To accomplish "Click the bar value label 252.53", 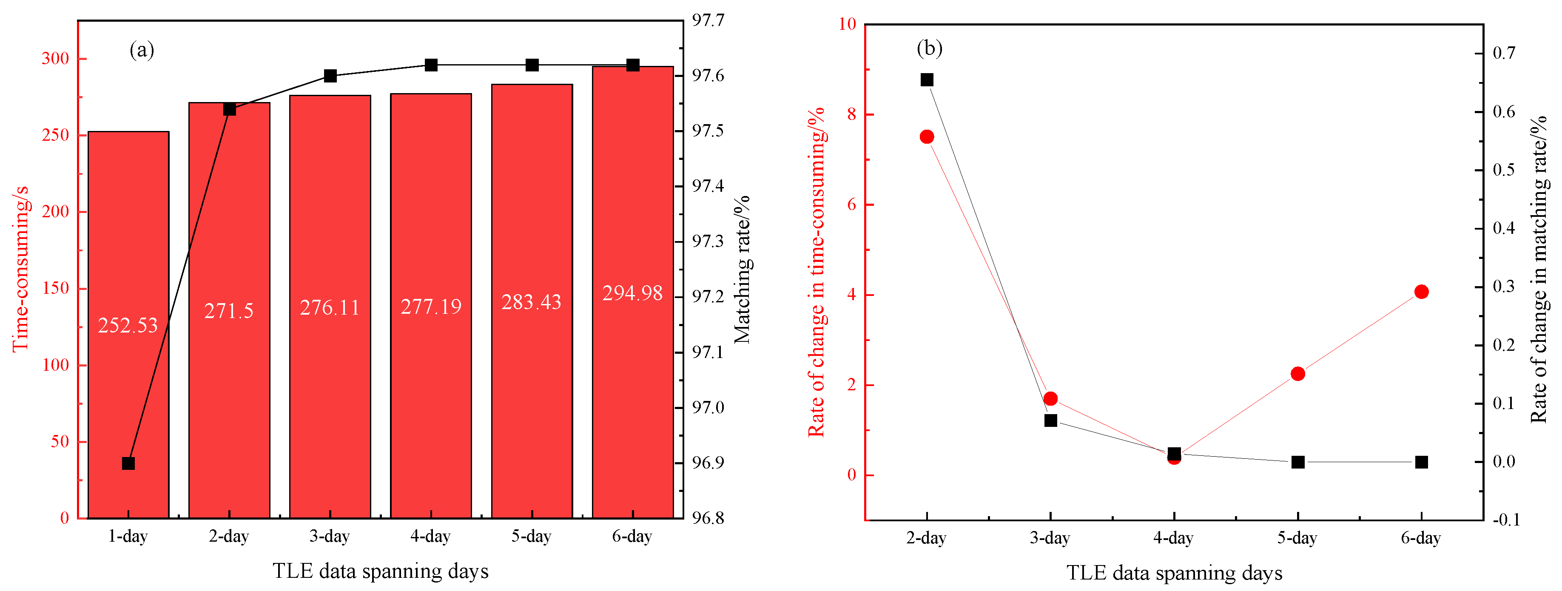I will click(128, 326).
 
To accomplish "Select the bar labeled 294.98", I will click(632, 394).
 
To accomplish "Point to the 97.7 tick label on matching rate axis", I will click(708, 20).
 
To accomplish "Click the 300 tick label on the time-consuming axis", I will click(55, 59).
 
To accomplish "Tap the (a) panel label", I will click(142, 50).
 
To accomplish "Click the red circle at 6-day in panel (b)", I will click(1421, 292).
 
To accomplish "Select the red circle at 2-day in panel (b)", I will click(927, 137).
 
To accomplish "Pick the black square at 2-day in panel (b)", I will click(927, 80).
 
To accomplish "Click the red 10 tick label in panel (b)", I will click(846, 24).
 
